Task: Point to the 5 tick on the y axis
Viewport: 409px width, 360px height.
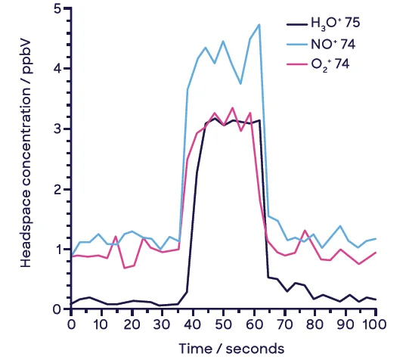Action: point(57,8)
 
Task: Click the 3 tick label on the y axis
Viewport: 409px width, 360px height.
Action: point(57,129)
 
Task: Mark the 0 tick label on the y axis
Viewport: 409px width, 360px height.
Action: point(57,309)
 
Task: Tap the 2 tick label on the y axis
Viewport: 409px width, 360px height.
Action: point(57,188)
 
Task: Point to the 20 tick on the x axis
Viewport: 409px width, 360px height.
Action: point(132,324)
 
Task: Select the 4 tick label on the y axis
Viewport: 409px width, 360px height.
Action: point(57,68)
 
